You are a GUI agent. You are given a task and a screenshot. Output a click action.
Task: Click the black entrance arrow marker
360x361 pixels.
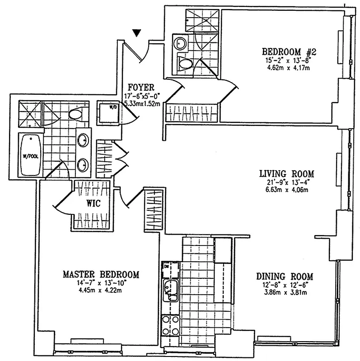pos(138,32)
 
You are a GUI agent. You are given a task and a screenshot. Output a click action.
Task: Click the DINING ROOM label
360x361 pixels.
pos(285,277)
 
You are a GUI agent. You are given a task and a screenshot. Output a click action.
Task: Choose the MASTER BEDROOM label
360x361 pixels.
pos(101,274)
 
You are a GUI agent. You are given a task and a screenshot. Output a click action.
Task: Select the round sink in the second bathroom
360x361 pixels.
pos(181,43)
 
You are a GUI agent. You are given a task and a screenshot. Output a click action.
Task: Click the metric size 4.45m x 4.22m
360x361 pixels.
pos(101,290)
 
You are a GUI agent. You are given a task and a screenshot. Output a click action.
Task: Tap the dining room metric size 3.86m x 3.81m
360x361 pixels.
pos(285,292)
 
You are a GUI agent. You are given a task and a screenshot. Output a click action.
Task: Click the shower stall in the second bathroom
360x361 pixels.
pos(202,19)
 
